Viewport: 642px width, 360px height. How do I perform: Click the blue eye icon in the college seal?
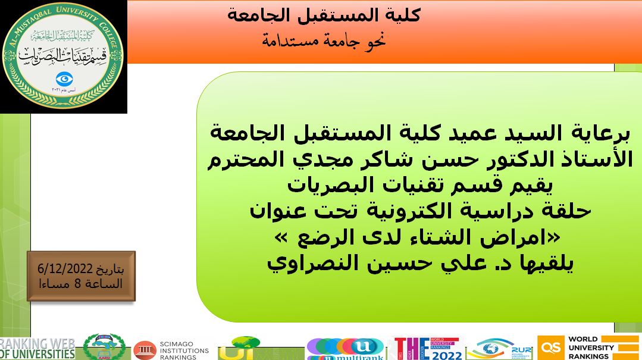pyautogui.click(x=63, y=79)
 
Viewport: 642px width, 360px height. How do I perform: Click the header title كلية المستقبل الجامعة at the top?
pyautogui.click(x=324, y=15)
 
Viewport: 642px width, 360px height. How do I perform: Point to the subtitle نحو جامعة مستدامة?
pyautogui.click(x=324, y=40)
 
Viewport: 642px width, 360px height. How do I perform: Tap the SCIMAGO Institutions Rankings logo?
pyautogui.click(x=172, y=350)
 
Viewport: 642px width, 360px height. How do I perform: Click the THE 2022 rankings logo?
pyautogui.click(x=427, y=349)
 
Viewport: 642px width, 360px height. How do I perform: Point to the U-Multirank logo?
pyautogui.click(x=345, y=349)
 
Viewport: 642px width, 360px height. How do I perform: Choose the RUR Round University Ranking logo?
pyautogui.click(x=500, y=349)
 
